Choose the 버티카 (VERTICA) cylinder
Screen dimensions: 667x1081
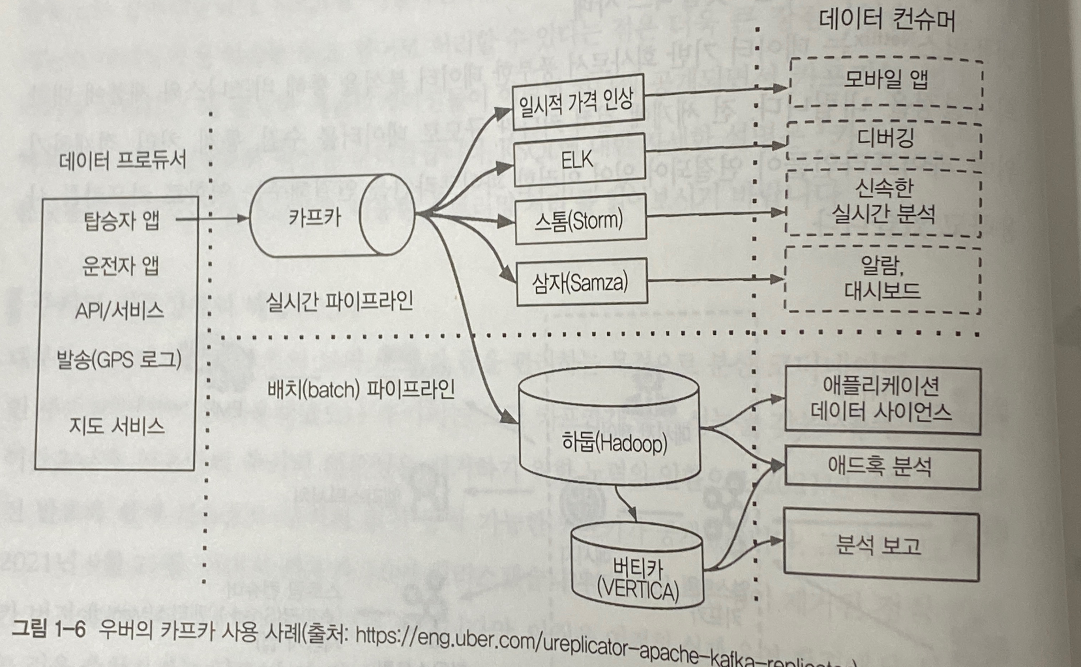(x=637, y=574)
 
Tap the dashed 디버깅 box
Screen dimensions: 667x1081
(x=884, y=140)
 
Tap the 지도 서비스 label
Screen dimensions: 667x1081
(x=117, y=427)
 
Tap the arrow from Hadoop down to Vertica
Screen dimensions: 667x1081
(x=626, y=503)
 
